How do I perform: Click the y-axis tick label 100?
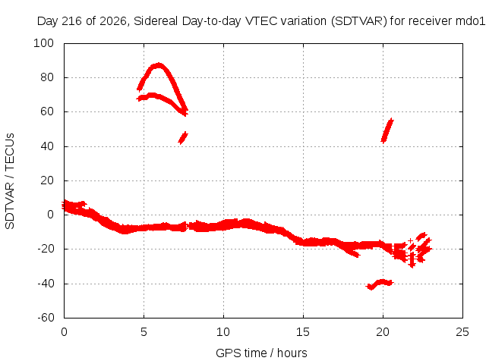click(x=43, y=43)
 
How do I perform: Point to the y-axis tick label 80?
click(x=47, y=77)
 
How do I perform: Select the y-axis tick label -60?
click(x=46, y=318)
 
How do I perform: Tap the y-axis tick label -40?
click(x=46, y=283)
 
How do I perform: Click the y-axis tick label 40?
click(x=47, y=146)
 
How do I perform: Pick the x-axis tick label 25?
click(x=462, y=332)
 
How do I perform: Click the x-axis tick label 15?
click(x=303, y=332)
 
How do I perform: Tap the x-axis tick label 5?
click(x=144, y=332)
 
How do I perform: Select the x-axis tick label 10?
click(x=223, y=332)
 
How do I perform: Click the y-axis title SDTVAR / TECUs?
click(x=10, y=181)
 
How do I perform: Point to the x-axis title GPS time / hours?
click(x=261, y=353)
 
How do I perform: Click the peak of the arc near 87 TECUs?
click(x=159, y=65)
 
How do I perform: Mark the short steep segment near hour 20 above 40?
click(x=387, y=130)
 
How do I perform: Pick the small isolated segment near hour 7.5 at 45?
click(x=183, y=138)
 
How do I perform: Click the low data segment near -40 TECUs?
click(x=380, y=284)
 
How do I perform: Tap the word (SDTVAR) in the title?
click(x=359, y=21)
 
